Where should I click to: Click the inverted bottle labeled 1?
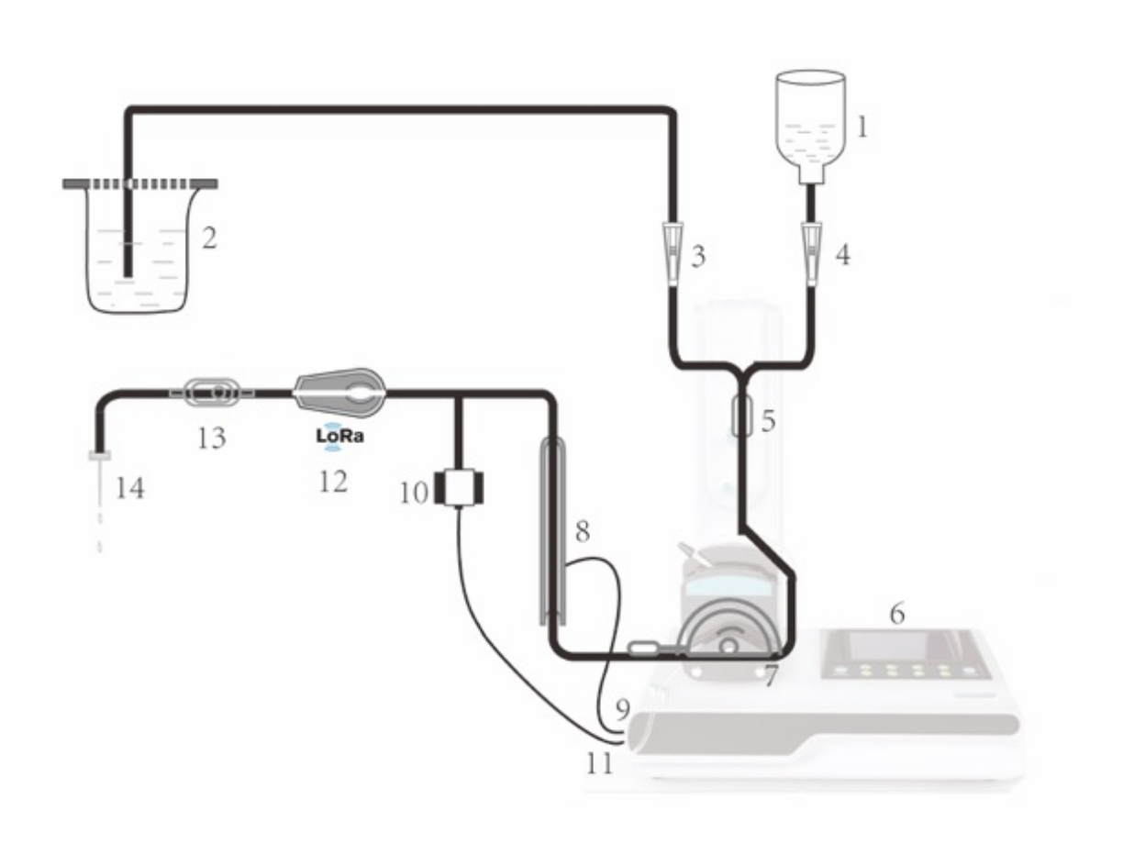tap(811, 127)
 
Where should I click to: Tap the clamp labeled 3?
tap(673, 253)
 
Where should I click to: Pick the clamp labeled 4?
tap(811, 253)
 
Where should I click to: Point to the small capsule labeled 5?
tap(742, 415)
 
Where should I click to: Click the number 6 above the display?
tap(897, 614)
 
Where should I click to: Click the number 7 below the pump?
tap(770, 676)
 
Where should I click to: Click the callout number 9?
tap(623, 709)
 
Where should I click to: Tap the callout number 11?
tap(600, 763)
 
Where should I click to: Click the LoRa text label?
tap(340, 436)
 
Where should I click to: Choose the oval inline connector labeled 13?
tap(212, 393)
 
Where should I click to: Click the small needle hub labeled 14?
tap(100, 456)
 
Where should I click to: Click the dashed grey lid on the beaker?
tap(140, 183)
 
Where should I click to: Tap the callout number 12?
tap(333, 482)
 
